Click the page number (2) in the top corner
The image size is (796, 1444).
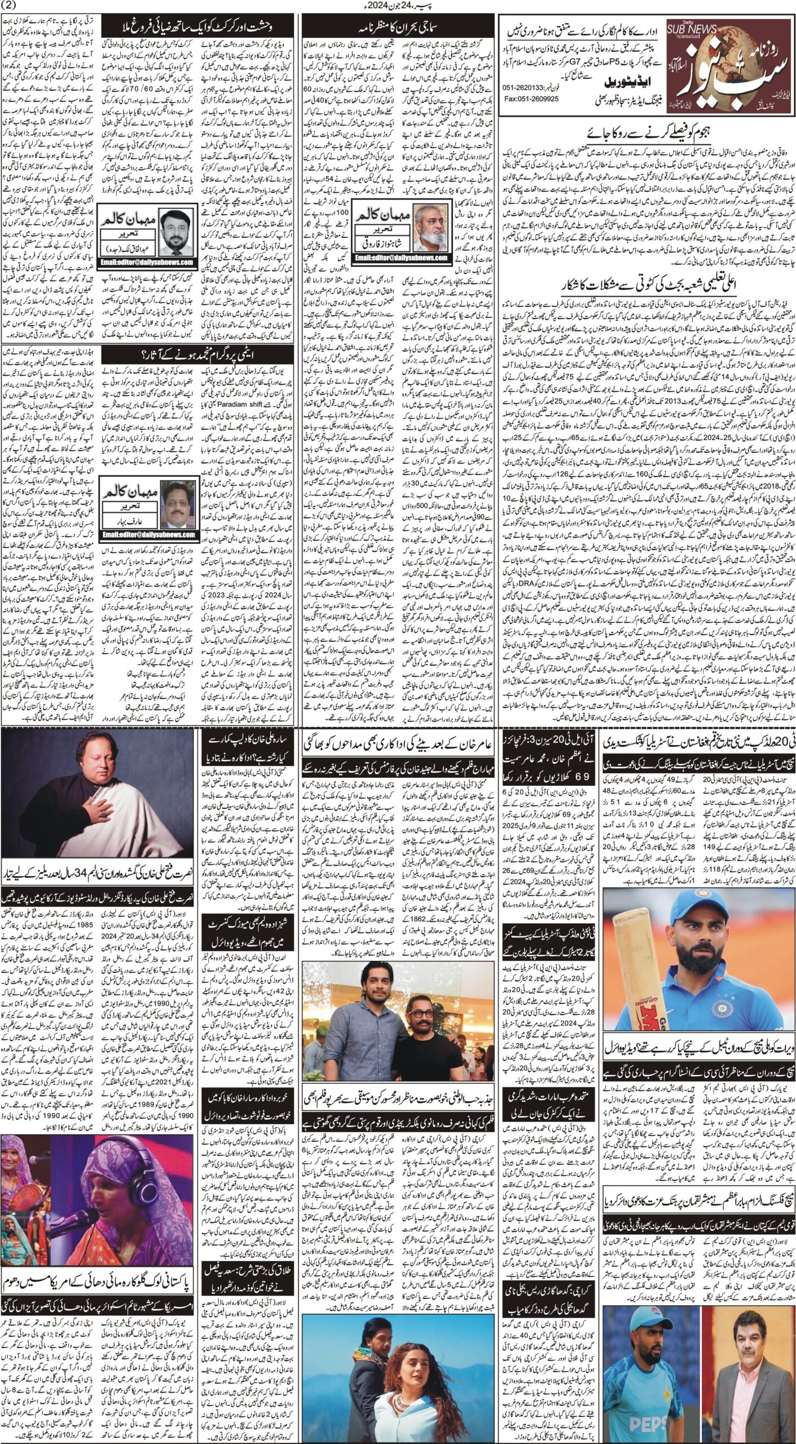[x=12, y=6]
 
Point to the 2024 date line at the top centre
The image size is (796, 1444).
[x=397, y=6]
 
